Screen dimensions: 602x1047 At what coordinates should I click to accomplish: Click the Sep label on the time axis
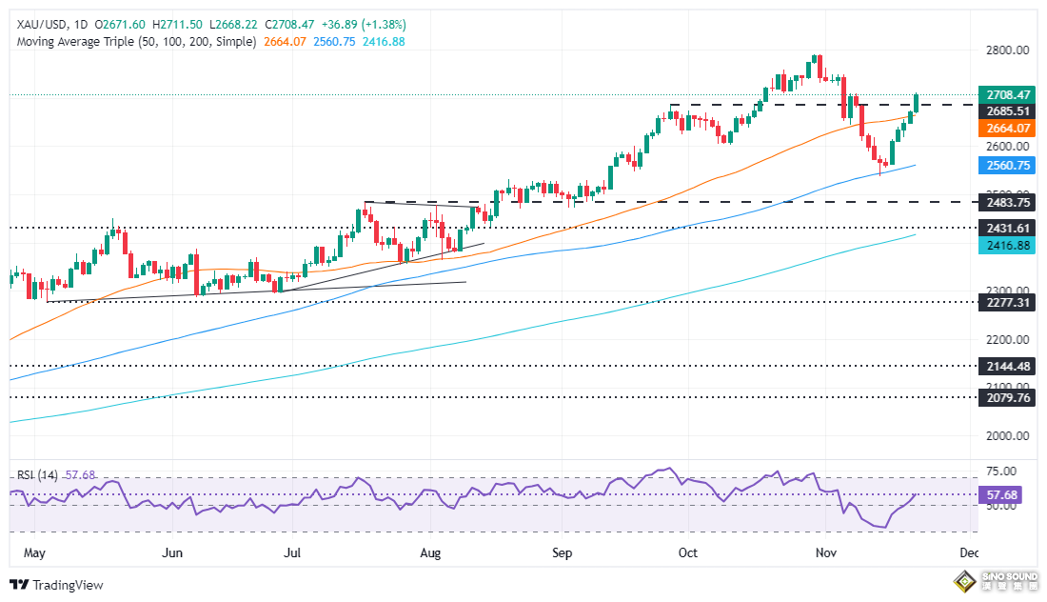pyautogui.click(x=562, y=553)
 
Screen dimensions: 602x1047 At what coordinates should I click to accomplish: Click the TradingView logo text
pyautogui.click(x=68, y=585)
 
